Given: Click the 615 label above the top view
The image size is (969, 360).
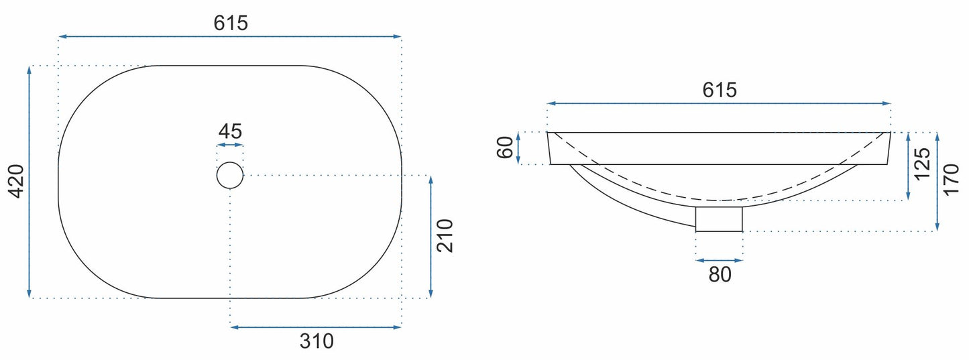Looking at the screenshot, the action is tap(231, 23).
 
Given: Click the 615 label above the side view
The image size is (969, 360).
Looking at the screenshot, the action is tap(720, 90).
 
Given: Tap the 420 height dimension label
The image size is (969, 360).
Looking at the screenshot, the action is tap(17, 181).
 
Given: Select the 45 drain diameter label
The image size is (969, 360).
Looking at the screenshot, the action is tap(230, 131).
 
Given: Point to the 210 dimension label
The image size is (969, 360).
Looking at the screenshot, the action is tap(445, 236).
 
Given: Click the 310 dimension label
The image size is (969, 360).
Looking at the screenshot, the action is tap(317, 341).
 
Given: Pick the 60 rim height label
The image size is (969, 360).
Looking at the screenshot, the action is tap(505, 147).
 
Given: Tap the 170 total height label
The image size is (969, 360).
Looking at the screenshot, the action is tap(952, 180).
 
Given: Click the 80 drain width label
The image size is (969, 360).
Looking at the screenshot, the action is tap(720, 274).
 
